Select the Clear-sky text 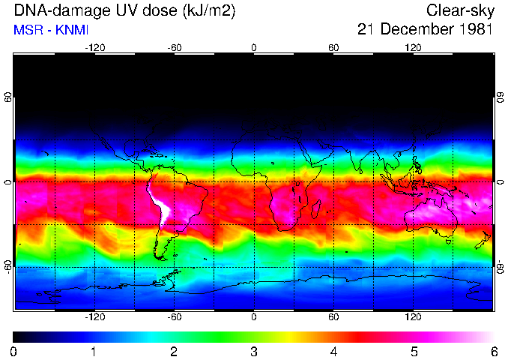[459, 10]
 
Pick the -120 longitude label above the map [94, 47]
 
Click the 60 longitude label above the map [333, 47]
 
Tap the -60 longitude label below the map [175, 317]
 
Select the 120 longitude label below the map [413, 317]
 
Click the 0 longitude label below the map [254, 317]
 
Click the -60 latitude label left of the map [8, 267]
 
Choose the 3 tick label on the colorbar [253, 351]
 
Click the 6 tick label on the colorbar [493, 351]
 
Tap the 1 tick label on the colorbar [94, 351]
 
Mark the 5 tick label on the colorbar [413, 351]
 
